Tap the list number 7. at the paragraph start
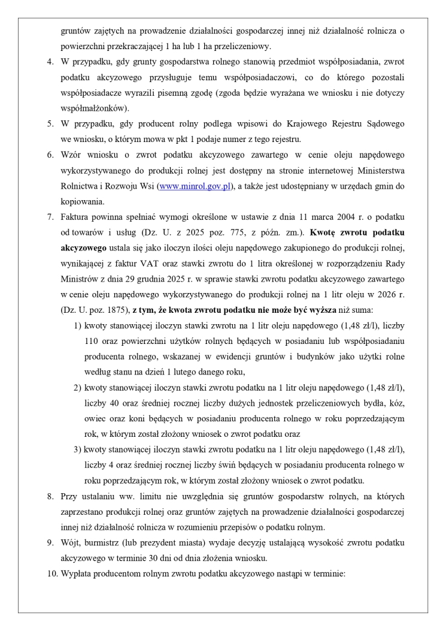pos(51,216)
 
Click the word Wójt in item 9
pos(69,542)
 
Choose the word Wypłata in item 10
pos(76,573)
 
